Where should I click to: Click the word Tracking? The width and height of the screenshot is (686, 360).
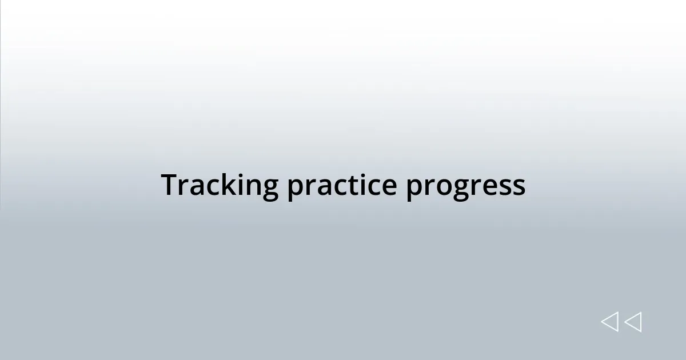220,186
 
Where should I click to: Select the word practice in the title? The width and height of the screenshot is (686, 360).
341,186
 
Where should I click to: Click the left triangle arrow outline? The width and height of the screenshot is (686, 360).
609,322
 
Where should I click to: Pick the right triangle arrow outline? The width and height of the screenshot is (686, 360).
633,322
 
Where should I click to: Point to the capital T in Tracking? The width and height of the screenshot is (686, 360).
170,185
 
